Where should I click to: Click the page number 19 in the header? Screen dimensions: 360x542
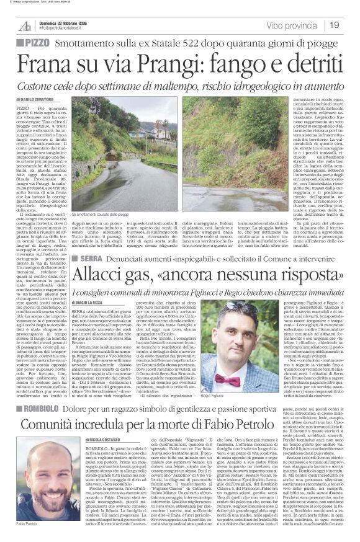[x=333, y=25]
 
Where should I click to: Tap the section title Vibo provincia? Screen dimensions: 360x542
[x=292, y=25]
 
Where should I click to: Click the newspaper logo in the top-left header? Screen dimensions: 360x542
[x=25, y=25]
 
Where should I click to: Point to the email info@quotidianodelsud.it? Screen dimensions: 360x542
[x=63, y=29]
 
